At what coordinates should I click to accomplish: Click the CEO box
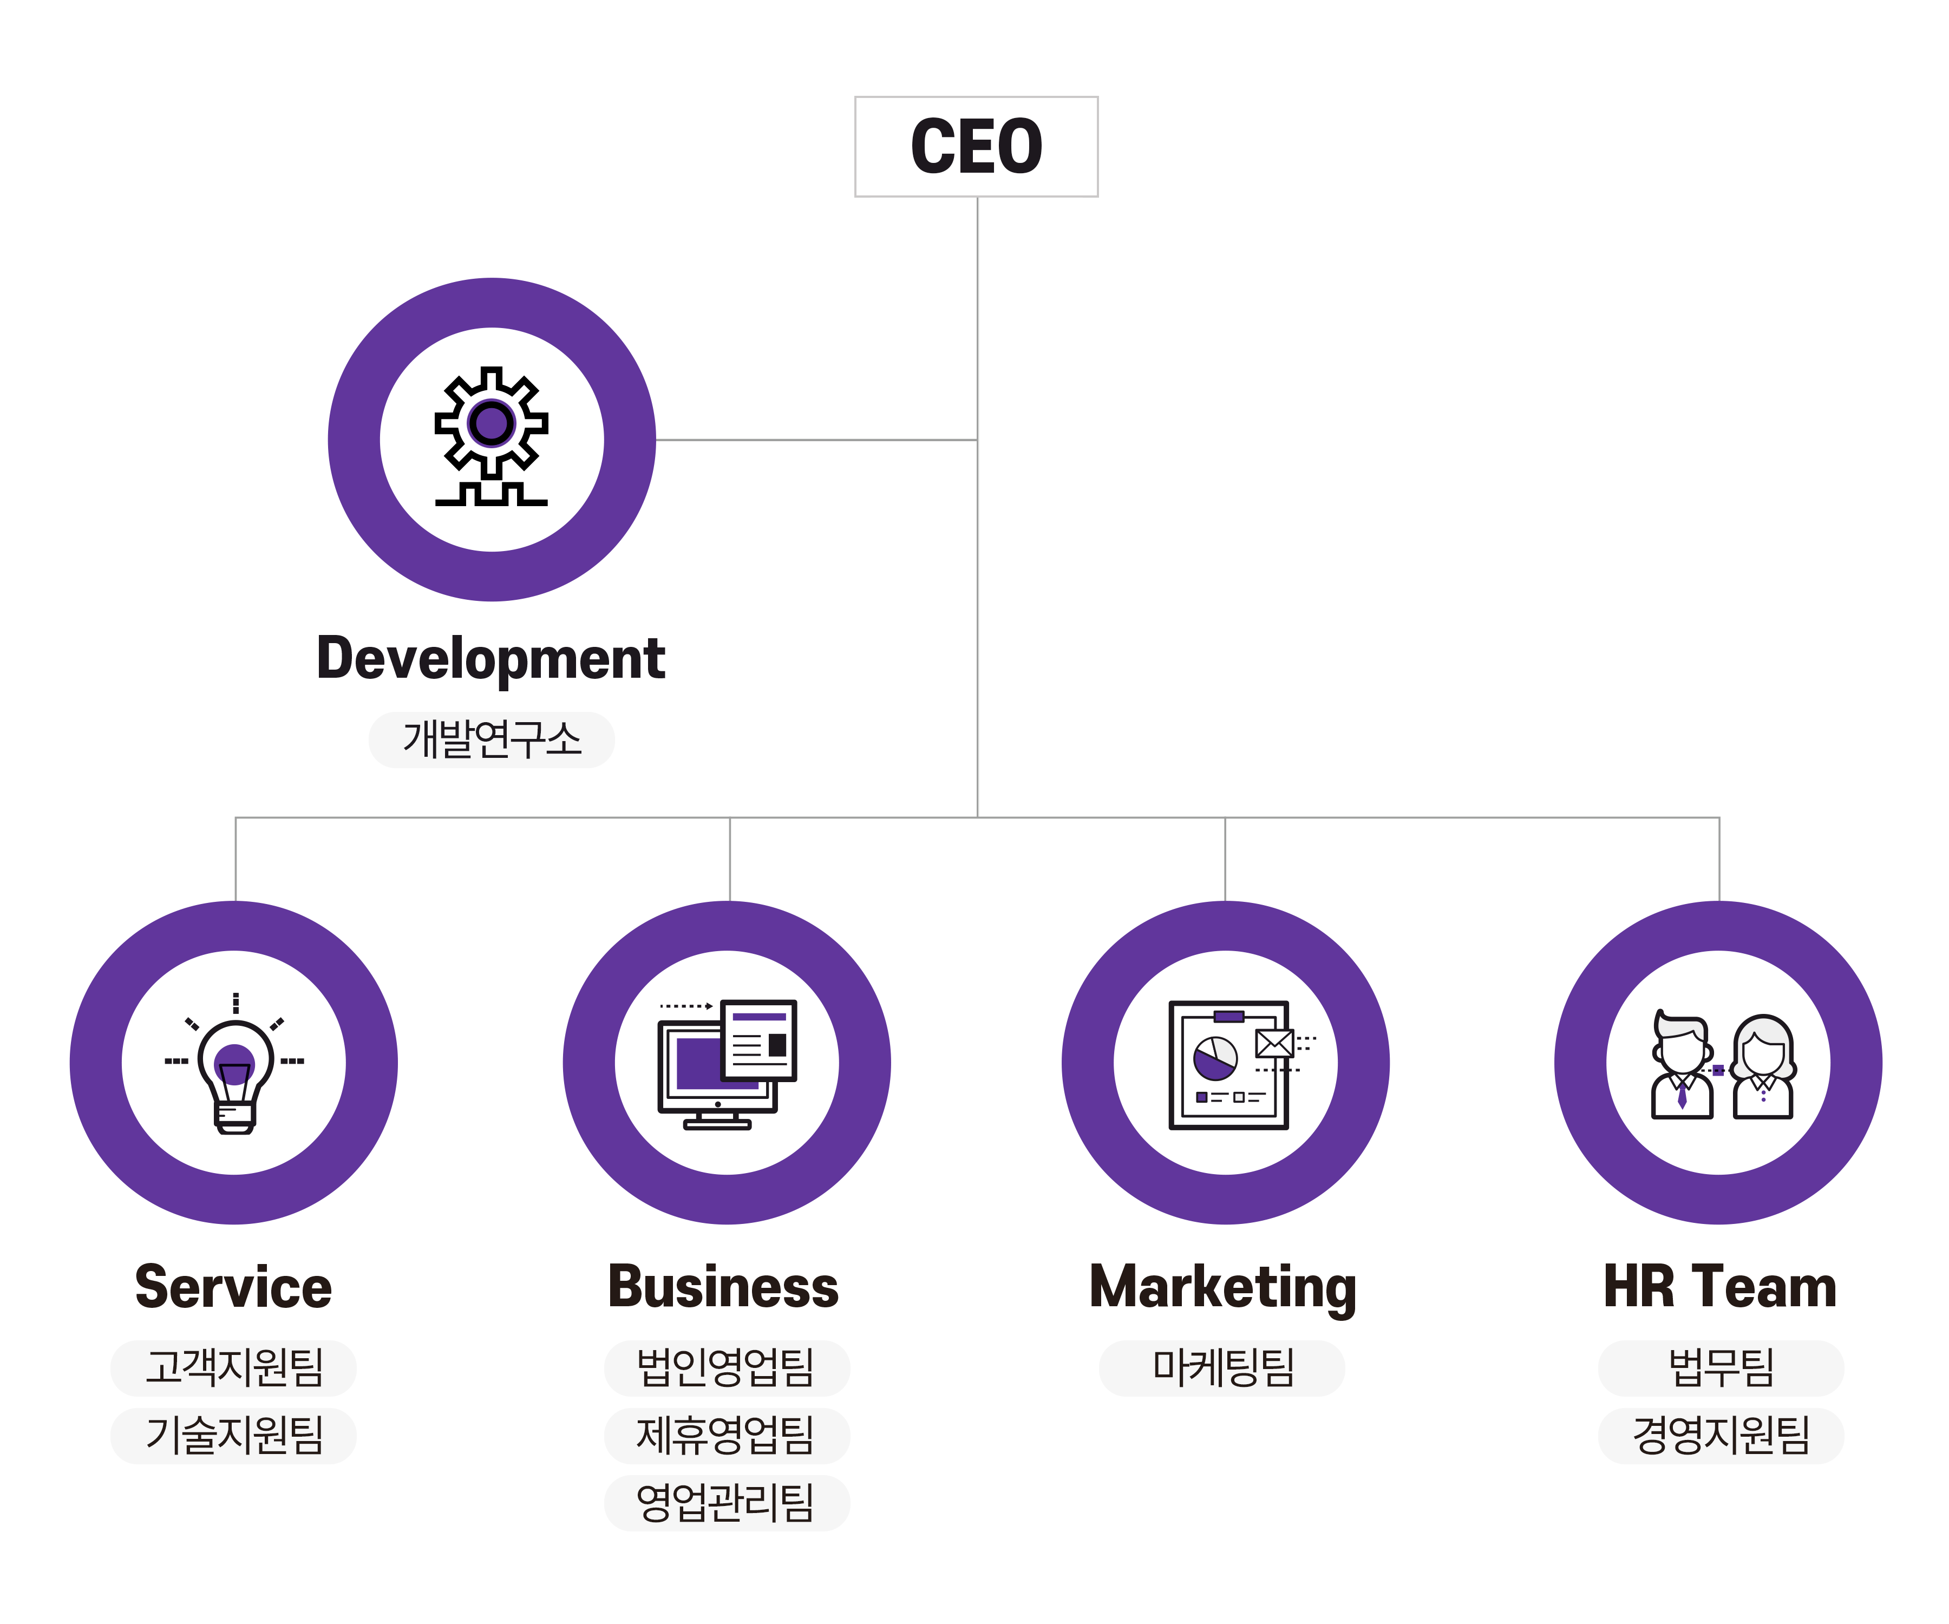[976, 147]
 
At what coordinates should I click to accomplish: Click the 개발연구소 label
[491, 739]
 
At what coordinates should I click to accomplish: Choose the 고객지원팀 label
[234, 1367]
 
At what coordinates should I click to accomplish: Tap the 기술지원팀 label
[234, 1435]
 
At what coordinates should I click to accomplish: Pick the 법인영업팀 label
[726, 1367]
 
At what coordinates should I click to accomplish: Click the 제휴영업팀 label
[726, 1435]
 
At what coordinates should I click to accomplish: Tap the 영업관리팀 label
[726, 1502]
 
